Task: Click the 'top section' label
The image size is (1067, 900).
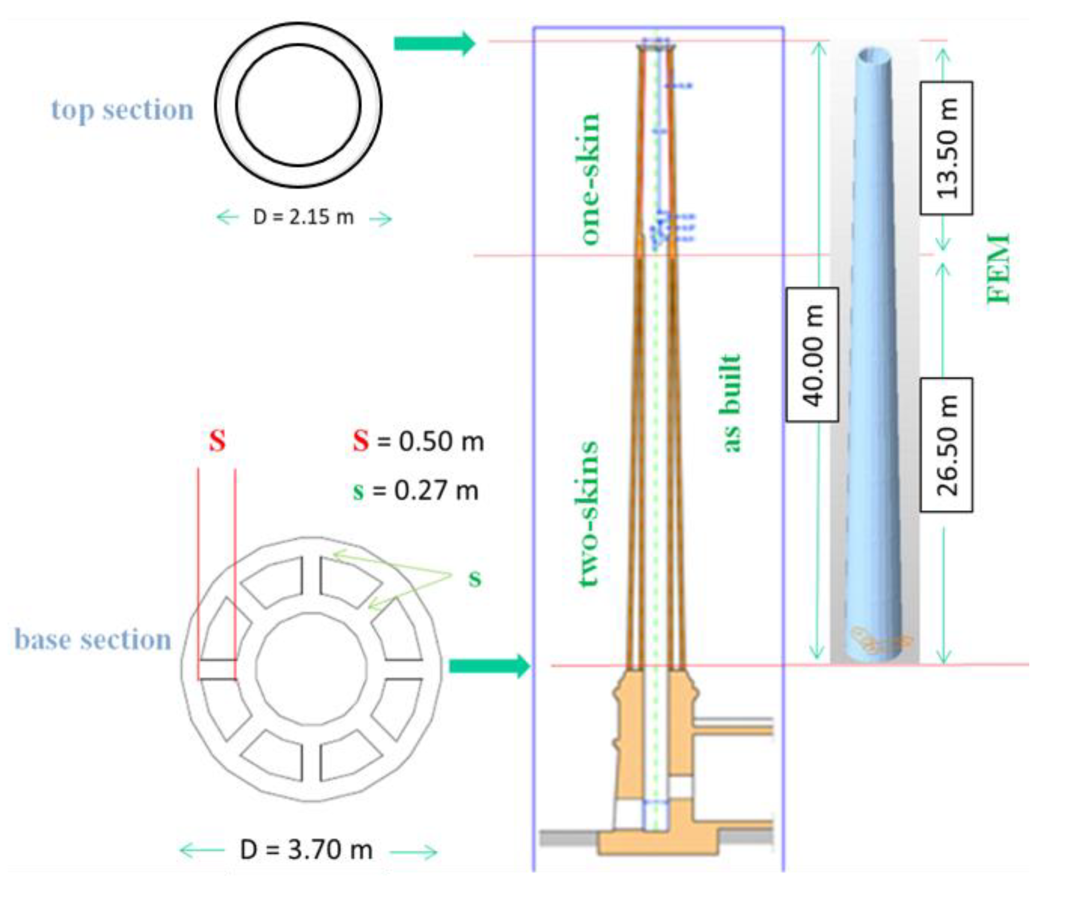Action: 123,110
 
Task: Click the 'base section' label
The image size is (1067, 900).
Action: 92,639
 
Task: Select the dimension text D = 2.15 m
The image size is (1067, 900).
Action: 303,217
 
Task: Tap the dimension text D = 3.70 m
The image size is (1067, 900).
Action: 306,849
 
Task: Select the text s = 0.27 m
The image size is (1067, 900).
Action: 415,490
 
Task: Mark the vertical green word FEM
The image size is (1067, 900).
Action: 998,268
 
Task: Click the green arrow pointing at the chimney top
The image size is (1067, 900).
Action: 434,43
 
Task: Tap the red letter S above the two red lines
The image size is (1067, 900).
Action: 217,440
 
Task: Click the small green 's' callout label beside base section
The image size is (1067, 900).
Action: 475,578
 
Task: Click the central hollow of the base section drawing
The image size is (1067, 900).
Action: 311,668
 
